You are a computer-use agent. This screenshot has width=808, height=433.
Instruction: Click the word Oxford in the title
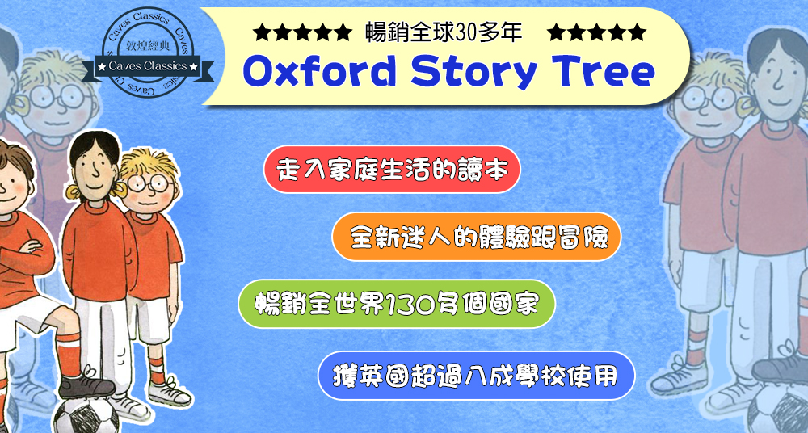pyautogui.click(x=319, y=74)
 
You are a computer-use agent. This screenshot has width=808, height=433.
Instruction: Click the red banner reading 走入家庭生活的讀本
pyautogui.click(x=392, y=169)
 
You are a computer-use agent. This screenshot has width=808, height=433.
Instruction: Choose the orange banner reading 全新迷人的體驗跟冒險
pyautogui.click(x=477, y=237)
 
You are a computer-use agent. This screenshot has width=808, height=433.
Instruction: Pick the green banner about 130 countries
pyautogui.click(x=396, y=304)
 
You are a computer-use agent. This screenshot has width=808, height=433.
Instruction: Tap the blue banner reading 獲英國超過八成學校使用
pyautogui.click(x=476, y=376)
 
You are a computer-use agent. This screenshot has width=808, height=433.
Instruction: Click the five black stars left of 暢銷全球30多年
pyautogui.click(x=302, y=33)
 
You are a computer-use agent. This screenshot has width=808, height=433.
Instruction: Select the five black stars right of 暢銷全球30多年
pyautogui.click(x=597, y=33)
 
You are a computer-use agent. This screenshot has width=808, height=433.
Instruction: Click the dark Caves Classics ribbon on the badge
pyautogui.click(x=148, y=68)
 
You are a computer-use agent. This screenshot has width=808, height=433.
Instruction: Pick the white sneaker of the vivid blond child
pyautogui.click(x=170, y=393)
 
